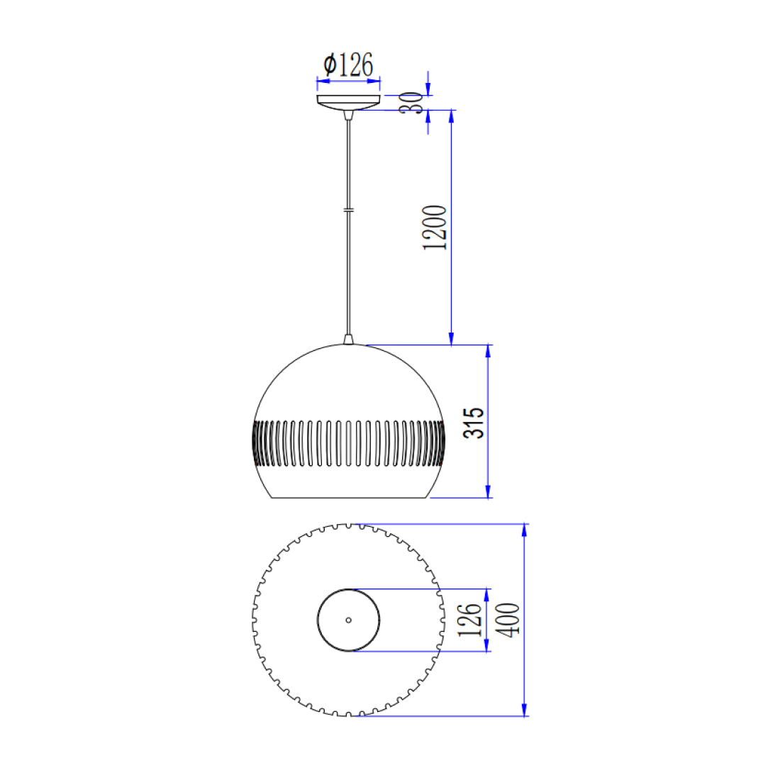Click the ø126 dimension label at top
(348, 65)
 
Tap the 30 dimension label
(412, 103)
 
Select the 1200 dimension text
(434, 228)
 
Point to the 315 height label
(473, 423)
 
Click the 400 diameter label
(508, 619)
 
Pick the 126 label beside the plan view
(469, 620)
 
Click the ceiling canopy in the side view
(348, 102)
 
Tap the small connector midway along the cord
(349, 211)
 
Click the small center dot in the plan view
(348, 620)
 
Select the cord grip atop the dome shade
(348, 339)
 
